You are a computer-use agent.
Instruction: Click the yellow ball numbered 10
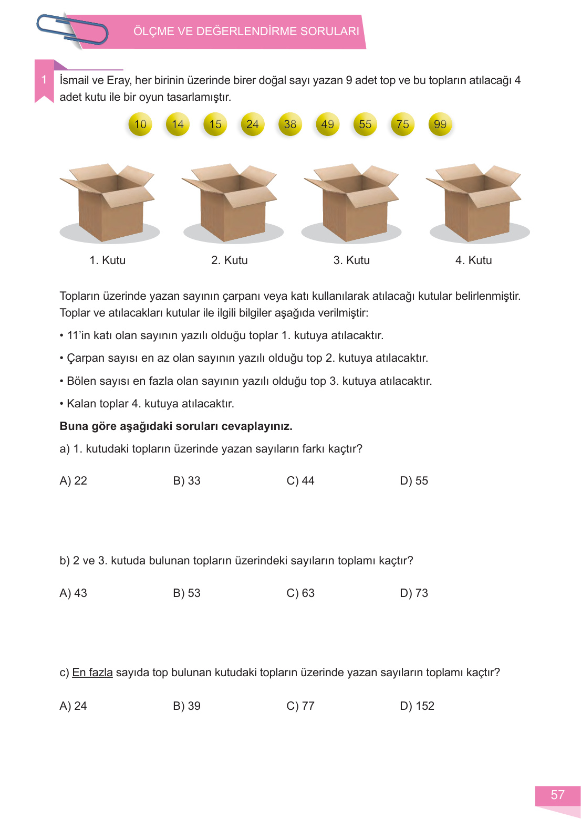pyautogui.click(x=140, y=124)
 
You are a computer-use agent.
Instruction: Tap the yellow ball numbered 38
pyautogui.click(x=290, y=124)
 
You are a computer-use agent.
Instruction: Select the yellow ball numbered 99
pyautogui.click(x=440, y=124)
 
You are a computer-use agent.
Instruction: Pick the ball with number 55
pyautogui.click(x=365, y=124)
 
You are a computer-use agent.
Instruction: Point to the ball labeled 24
pyautogui.click(x=253, y=124)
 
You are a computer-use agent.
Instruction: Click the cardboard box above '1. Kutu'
pyautogui.click(x=109, y=202)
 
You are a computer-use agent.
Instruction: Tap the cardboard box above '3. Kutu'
pyautogui.click(x=352, y=202)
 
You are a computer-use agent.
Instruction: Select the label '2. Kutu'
pyautogui.click(x=229, y=260)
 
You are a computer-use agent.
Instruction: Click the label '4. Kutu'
pyautogui.click(x=473, y=260)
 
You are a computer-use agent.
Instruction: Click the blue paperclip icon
pyautogui.click(x=72, y=29)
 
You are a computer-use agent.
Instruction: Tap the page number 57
pyautogui.click(x=557, y=795)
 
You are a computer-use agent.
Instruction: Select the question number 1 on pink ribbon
pyautogui.click(x=44, y=80)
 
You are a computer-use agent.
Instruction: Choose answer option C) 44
pyautogui.click(x=300, y=481)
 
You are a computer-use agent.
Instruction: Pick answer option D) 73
pyautogui.click(x=414, y=593)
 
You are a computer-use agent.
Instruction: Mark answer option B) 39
pyautogui.click(x=186, y=706)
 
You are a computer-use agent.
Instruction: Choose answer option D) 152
pyautogui.click(x=417, y=706)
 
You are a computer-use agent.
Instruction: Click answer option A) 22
pyautogui.click(x=73, y=481)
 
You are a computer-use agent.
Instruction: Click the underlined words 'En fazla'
pyautogui.click(x=92, y=673)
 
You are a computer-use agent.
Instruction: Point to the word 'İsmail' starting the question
pyautogui.click(x=74, y=80)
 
